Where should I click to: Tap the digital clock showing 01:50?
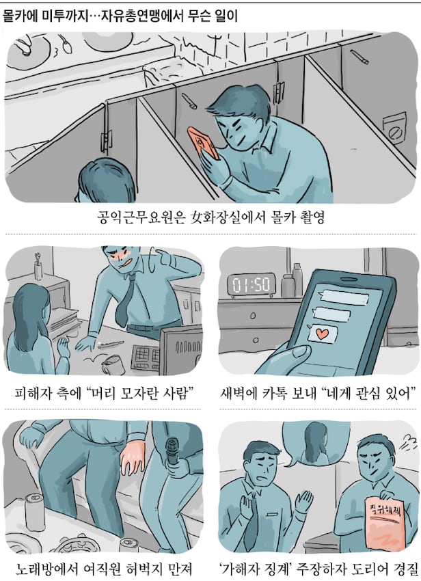[252, 284]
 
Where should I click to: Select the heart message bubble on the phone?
[322, 334]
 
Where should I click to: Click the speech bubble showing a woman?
[310, 443]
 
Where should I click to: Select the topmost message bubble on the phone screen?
[344, 297]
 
